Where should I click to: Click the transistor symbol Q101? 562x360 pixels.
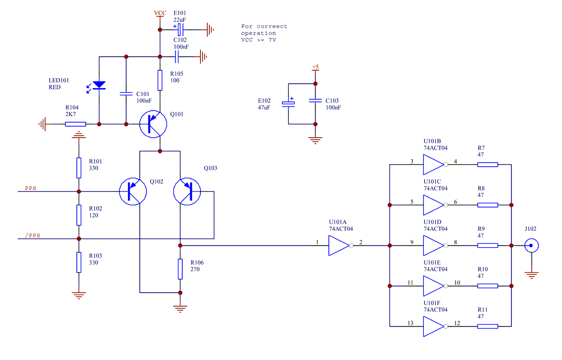(x=153, y=124)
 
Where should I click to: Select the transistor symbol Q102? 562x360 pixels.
(x=133, y=191)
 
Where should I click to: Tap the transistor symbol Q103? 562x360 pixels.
(x=187, y=191)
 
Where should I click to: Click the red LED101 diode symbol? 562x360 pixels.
(x=99, y=85)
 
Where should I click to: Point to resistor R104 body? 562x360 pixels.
(x=75, y=124)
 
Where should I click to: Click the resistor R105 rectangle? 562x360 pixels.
(x=160, y=80)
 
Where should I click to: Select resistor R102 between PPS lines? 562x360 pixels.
(x=79, y=215)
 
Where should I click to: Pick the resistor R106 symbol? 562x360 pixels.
(x=180, y=269)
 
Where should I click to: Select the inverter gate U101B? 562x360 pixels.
(x=434, y=165)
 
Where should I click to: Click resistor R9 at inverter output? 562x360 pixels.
(x=488, y=245)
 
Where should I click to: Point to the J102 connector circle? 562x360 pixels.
(x=531, y=245)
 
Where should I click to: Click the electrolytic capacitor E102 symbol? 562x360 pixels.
(x=288, y=103)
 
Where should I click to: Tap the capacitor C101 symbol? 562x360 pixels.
(x=126, y=94)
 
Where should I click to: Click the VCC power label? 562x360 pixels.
(x=160, y=13)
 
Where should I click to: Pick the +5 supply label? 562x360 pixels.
(x=315, y=67)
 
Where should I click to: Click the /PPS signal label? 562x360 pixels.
(x=32, y=235)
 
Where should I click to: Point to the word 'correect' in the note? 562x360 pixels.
(x=271, y=26)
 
